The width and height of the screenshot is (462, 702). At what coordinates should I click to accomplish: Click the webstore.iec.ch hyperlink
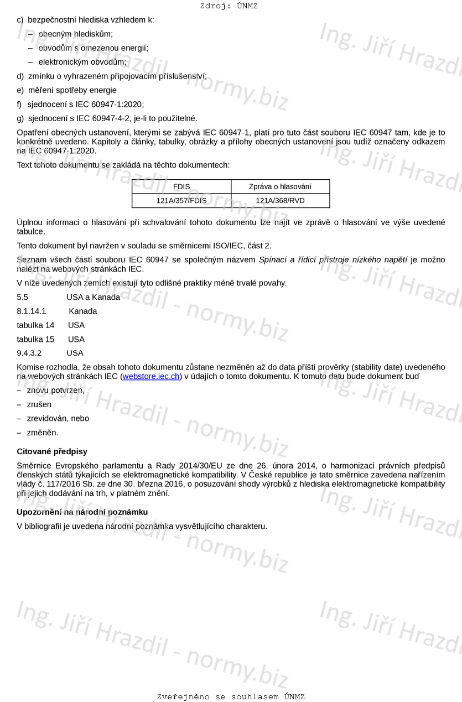(x=150, y=377)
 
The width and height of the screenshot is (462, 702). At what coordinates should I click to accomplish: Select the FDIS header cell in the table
(x=181, y=186)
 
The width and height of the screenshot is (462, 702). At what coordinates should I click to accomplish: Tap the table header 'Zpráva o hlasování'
(x=280, y=186)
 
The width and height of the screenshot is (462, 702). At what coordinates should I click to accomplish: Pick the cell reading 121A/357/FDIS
(x=181, y=201)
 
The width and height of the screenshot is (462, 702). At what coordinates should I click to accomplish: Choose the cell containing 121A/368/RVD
(x=280, y=201)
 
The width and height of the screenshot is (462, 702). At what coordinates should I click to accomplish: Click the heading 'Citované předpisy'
(x=52, y=451)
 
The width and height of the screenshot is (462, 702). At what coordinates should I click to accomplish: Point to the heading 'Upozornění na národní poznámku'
(x=82, y=512)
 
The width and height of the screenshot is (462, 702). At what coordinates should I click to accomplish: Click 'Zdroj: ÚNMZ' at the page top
(x=229, y=6)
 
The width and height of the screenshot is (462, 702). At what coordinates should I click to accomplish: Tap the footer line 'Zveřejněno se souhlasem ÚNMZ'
(x=231, y=696)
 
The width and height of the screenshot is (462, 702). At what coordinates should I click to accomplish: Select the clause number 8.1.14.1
(x=32, y=311)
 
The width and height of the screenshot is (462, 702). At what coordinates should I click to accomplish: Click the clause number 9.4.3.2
(x=29, y=353)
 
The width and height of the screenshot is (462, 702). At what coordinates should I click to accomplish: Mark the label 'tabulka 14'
(x=35, y=325)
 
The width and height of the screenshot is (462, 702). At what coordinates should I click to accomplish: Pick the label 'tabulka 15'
(x=35, y=339)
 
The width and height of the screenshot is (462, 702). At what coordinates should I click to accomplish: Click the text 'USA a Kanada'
(x=93, y=297)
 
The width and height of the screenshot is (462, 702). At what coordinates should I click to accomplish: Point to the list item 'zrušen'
(x=39, y=404)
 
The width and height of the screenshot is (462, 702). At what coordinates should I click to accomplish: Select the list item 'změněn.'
(x=43, y=433)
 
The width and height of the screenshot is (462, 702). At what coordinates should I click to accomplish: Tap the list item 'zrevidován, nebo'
(x=58, y=419)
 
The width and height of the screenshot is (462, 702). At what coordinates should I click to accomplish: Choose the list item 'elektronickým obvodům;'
(x=82, y=62)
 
